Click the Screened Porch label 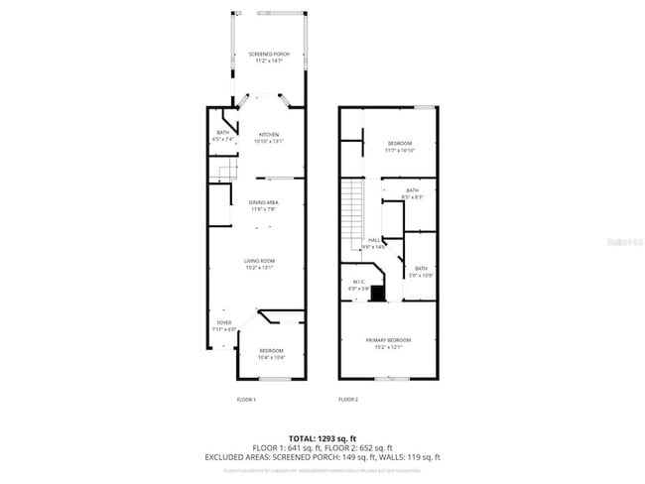point(267,56)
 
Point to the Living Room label point(259,263)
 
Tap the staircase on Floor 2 point(354,208)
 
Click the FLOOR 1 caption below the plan point(246,399)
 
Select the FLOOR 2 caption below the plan point(348,399)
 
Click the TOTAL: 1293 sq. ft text point(322,437)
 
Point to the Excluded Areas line point(322,456)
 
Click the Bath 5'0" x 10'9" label point(421,271)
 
